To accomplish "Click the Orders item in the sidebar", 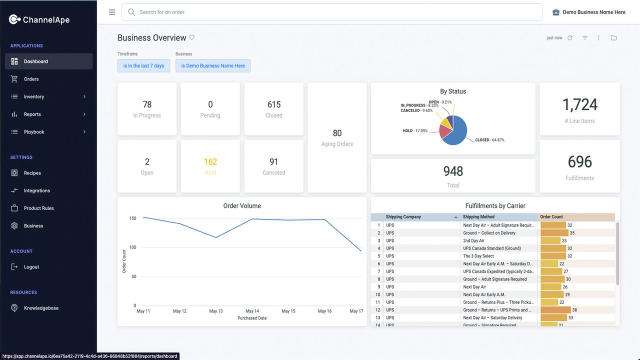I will point(31,79).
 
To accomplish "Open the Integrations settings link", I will point(36,190).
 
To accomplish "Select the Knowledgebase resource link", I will point(41,308).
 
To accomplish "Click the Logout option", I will point(31,267).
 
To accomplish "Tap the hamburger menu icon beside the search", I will point(112,12).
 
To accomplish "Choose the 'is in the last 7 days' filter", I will point(143,65).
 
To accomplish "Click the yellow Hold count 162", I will point(210,162).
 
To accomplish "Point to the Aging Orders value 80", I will point(337,133).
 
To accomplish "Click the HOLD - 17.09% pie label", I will point(415,131).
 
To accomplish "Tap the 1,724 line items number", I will point(579,105).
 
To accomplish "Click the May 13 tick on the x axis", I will point(216,311).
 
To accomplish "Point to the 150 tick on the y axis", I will point(132,218).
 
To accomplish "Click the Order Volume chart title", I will point(242,206).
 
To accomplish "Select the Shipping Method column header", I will point(478,217).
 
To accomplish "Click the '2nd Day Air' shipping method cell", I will point(473,240).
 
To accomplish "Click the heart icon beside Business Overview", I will point(192,37).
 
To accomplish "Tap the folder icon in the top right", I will point(613,38).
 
